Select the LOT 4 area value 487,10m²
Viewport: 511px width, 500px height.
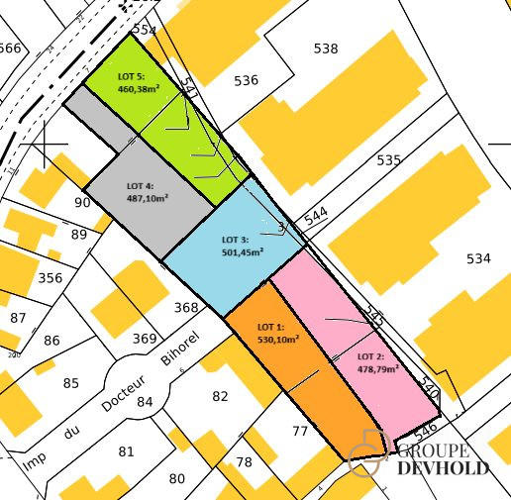coord(148,198)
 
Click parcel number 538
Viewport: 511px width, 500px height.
coord(325,48)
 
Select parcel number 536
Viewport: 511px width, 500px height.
coord(246,80)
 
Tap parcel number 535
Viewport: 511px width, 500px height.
coord(389,159)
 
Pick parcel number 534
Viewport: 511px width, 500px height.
coord(478,258)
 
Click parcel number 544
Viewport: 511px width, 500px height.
coord(316,216)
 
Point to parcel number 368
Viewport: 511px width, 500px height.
coord(186,308)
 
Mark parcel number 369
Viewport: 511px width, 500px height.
coord(145,339)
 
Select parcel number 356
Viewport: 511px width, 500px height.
coord(49,278)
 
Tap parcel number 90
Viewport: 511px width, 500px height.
coord(82,203)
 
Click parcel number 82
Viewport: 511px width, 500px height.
coord(220,396)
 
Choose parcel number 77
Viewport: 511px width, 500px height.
coord(300,430)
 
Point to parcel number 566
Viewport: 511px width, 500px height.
coord(9,48)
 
